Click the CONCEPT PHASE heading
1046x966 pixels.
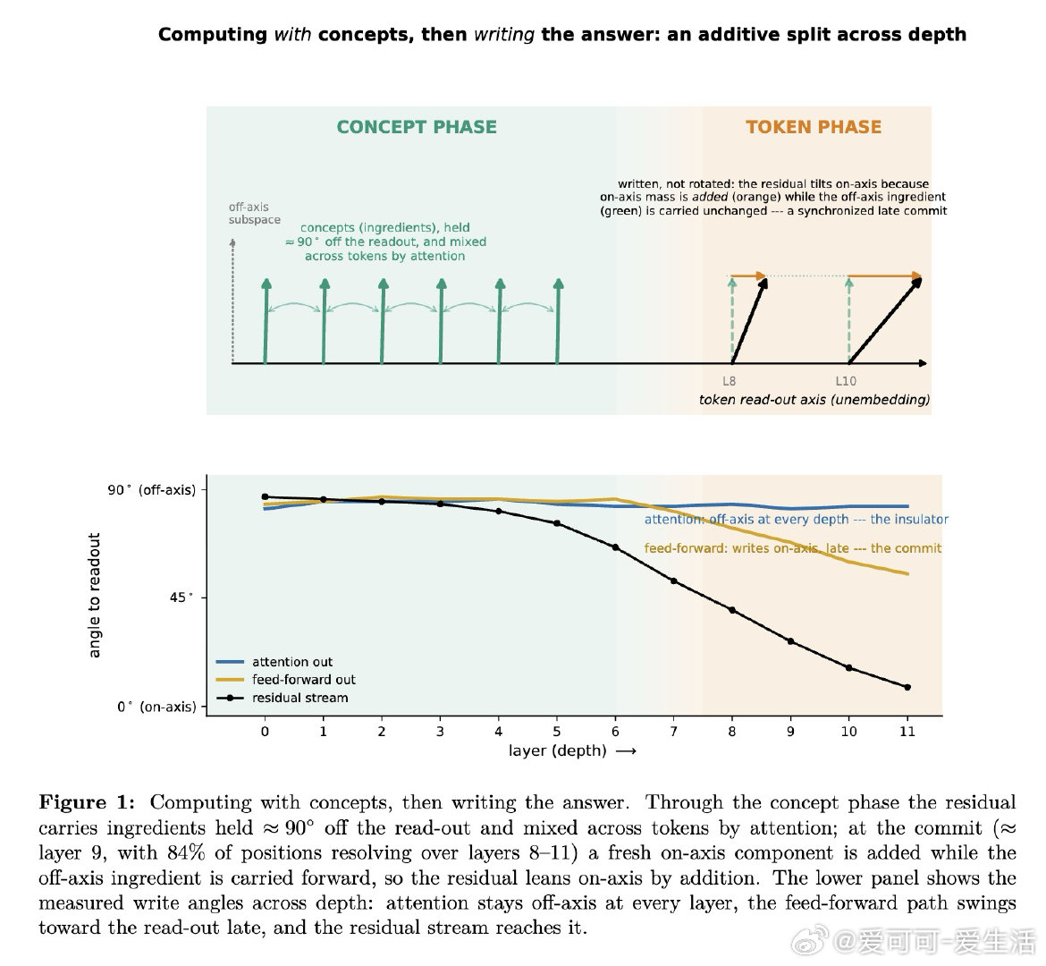pos(417,127)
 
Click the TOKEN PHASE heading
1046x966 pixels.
pos(814,127)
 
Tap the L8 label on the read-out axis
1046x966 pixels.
pos(730,381)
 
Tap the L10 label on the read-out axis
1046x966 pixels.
pos(846,381)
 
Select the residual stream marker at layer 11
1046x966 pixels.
pos(907,687)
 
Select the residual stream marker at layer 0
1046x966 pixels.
pos(265,496)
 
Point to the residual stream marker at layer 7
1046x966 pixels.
pos(674,581)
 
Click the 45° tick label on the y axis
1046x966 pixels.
pos(181,597)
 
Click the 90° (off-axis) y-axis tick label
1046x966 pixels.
pos(152,490)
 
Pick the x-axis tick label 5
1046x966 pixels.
pos(557,732)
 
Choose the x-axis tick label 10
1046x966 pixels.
pos(848,732)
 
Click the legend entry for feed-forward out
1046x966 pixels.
pos(286,680)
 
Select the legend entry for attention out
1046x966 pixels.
pos(274,662)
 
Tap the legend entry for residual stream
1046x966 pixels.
pos(283,698)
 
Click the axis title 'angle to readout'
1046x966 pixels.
pos(94,595)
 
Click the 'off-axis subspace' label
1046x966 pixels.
pos(254,214)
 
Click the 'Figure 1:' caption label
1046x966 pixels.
pos(87,802)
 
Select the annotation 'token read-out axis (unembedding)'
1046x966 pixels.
pos(814,400)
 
